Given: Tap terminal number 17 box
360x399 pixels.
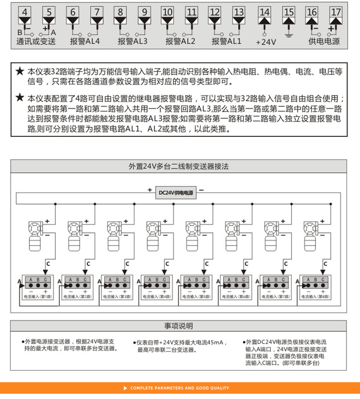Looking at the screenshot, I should pos(336,12).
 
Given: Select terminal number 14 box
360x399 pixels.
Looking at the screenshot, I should pos(264,12).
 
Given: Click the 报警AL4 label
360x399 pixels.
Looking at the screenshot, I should pos(85,41).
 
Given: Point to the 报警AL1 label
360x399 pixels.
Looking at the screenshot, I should pos(228,41).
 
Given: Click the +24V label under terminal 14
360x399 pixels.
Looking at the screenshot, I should pos(265,42).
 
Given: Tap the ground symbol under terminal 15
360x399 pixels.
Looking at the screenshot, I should pos(288,35).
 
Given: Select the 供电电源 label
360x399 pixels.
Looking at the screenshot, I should pos(324,42).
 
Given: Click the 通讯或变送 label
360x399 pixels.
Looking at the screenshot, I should pos(36,42).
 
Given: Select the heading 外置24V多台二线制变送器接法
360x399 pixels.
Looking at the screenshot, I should pos(179,167).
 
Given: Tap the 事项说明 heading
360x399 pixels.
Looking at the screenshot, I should pos(179,326).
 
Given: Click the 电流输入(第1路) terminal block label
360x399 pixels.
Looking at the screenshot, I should pos(38,297).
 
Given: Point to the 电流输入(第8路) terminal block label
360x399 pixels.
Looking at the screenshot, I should pos(315,297).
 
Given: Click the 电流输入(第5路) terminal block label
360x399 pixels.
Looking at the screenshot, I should pos(196,297).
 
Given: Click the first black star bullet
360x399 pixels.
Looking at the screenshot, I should pos(20,72).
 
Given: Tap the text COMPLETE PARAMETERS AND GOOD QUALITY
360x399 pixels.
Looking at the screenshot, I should pos(180,388).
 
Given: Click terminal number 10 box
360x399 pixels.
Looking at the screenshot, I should pos(167,12).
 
